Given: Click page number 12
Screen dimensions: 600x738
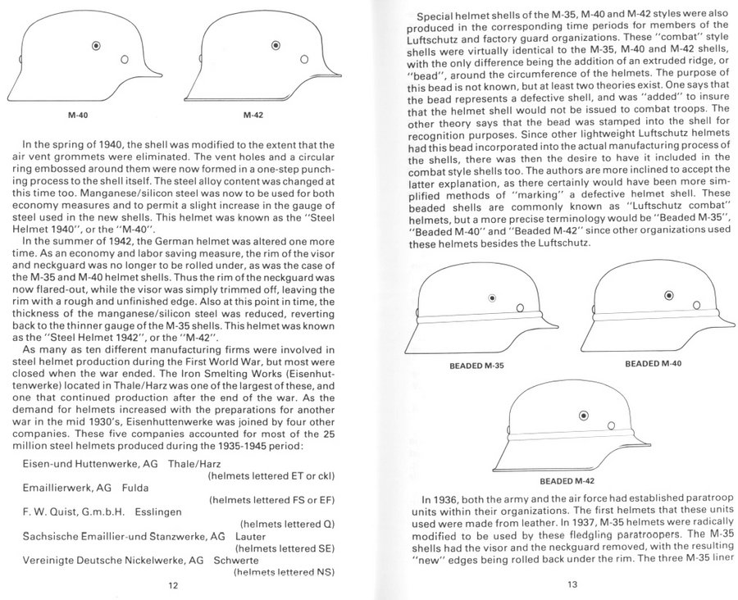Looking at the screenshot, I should (174, 585).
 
